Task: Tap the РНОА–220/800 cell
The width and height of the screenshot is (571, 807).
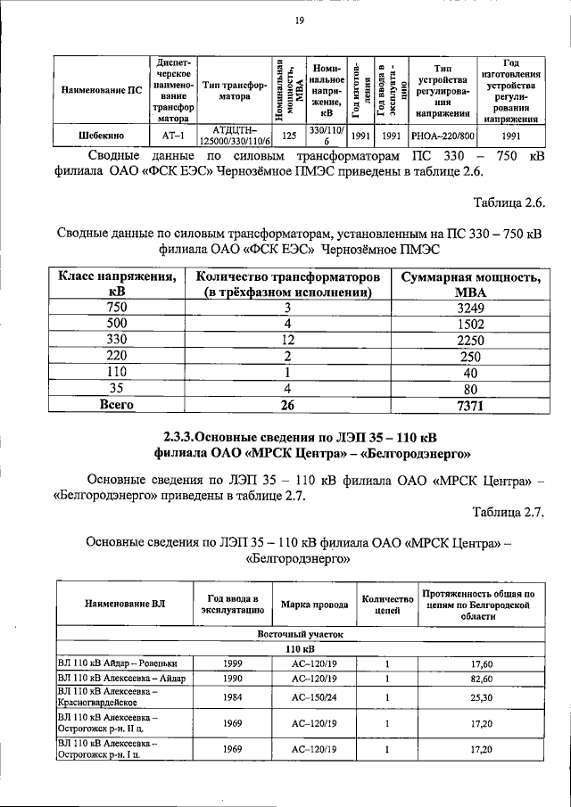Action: tap(443, 136)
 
